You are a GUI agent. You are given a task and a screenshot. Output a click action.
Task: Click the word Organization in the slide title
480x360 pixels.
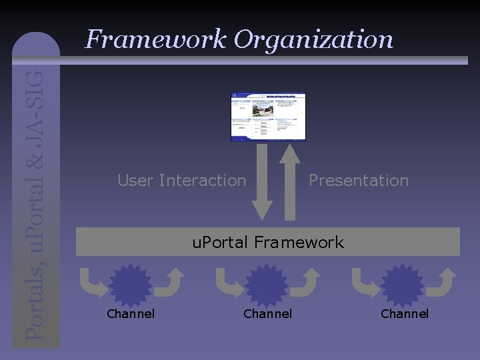click(313, 40)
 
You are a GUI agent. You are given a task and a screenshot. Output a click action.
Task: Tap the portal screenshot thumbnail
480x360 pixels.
click(268, 117)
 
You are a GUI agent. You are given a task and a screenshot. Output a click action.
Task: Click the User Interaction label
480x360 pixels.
click(181, 180)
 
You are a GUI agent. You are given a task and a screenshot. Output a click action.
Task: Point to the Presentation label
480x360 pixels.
click(359, 180)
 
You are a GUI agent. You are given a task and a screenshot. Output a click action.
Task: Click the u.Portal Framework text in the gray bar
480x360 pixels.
click(268, 242)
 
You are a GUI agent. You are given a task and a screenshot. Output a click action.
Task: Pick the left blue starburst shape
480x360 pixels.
click(130, 285)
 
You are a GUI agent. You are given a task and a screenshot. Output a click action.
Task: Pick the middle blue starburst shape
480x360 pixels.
click(267, 285)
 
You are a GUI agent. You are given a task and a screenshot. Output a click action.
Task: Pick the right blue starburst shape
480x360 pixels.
click(403, 285)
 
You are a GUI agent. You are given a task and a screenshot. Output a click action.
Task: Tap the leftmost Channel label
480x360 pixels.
click(131, 313)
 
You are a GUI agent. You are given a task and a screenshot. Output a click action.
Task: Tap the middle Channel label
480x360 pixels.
click(267, 313)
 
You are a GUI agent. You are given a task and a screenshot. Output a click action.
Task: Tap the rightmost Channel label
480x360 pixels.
click(405, 313)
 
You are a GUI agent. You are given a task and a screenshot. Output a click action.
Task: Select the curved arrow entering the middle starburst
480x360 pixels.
click(227, 283)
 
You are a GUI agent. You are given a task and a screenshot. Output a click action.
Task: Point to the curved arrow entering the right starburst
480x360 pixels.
click(363, 283)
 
